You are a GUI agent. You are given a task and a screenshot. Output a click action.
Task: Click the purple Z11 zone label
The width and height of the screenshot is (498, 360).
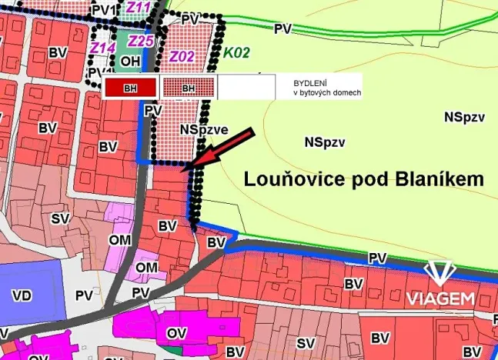pyautogui.click(x=139, y=8)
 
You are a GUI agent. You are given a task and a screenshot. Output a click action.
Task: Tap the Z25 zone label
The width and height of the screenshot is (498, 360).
pyautogui.click(x=141, y=41)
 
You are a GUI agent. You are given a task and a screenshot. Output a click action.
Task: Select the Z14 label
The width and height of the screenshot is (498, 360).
pyautogui.click(x=102, y=48)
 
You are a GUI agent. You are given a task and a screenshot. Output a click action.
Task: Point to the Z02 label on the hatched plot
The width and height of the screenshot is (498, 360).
pyautogui.click(x=182, y=56)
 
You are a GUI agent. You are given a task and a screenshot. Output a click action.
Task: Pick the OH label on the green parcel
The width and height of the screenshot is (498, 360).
pyautogui.click(x=130, y=61)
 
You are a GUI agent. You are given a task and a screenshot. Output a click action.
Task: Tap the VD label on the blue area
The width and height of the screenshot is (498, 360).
pyautogui.click(x=22, y=295)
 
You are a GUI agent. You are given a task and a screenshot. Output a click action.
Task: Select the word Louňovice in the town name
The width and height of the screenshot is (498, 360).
pyautogui.click(x=289, y=179)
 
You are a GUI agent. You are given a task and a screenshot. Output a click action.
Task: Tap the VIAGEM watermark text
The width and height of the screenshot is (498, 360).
pyautogui.click(x=440, y=298)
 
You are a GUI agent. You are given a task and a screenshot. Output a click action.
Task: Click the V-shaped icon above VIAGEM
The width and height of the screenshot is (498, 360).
pyautogui.click(x=440, y=273)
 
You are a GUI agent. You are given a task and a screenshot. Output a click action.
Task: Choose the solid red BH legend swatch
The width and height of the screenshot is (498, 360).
pyautogui.click(x=130, y=88)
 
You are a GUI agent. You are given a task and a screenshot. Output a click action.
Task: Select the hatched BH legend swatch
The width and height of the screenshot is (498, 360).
pyautogui.click(x=188, y=88)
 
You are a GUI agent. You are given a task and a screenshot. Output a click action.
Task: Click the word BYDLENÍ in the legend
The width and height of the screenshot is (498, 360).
pyautogui.click(x=309, y=82)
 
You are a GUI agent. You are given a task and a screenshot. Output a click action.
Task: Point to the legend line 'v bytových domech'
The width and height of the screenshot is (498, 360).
pyautogui.click(x=326, y=92)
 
